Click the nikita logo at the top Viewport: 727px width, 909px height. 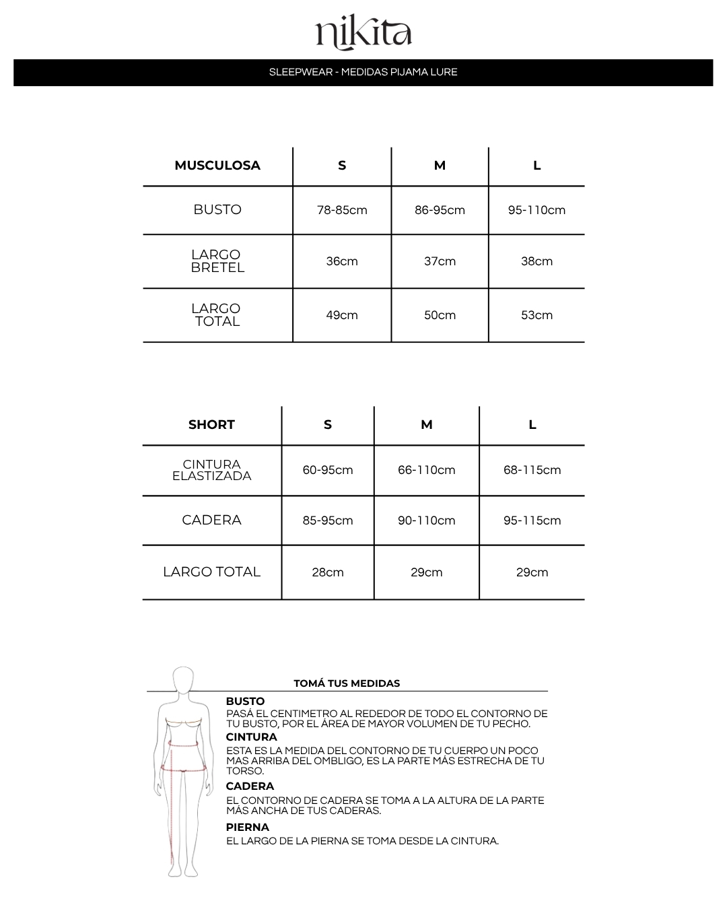pyautogui.click(x=363, y=34)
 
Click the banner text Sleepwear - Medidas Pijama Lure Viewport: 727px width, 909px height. pyautogui.click(x=363, y=72)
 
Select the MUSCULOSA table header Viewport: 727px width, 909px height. pyautogui.click(x=217, y=166)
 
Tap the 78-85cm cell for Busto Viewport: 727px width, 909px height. pyautogui.click(x=342, y=210)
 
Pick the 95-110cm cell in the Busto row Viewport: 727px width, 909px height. pyautogui.click(x=536, y=210)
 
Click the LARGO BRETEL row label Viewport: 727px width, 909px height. pyautogui.click(x=217, y=261)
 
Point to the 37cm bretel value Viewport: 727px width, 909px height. pyautogui.click(x=440, y=261)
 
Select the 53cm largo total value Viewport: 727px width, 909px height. pyautogui.click(x=536, y=315)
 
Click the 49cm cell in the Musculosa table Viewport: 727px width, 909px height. pyautogui.click(x=342, y=315)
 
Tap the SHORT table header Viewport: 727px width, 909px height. pyautogui.click(x=211, y=425)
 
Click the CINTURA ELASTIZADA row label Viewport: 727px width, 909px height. pyautogui.click(x=211, y=470)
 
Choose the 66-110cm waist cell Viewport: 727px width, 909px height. pyautogui.click(x=426, y=470)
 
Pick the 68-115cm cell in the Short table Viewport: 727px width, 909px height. pyautogui.click(x=532, y=470)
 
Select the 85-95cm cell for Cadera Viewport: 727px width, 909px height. pyautogui.click(x=328, y=520)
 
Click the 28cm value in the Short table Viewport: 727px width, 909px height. pyautogui.click(x=328, y=572)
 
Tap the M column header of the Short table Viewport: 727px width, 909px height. pyautogui.click(x=426, y=425)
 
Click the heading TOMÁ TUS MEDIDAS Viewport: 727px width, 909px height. pyautogui.click(x=347, y=683)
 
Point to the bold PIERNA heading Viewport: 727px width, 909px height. pyautogui.click(x=248, y=828)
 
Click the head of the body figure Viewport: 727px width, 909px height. pyautogui.click(x=183, y=680)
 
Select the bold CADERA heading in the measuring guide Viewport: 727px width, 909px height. pyautogui.click(x=250, y=786)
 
